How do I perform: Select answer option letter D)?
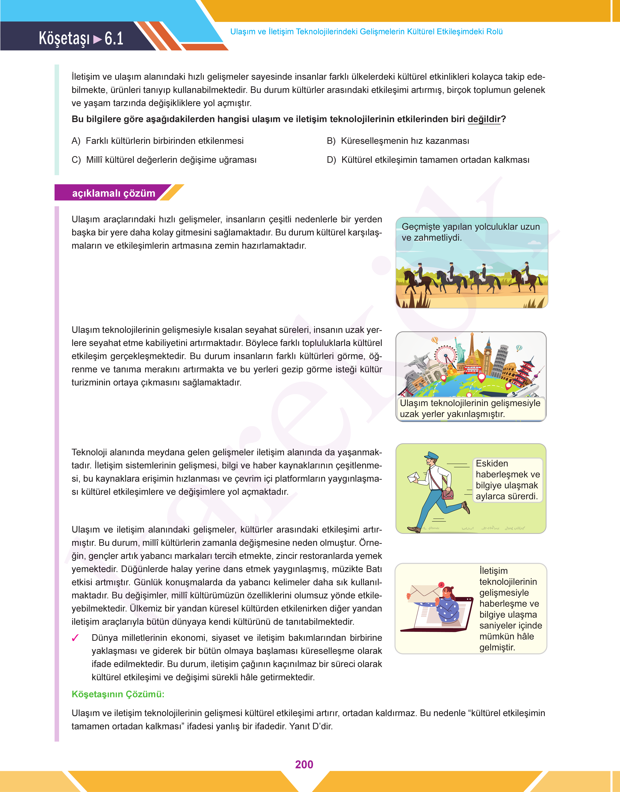pyautogui.click(x=331, y=160)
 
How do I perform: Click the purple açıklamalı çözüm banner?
pyautogui.click(x=113, y=193)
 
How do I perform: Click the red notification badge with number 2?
pyautogui.click(x=441, y=585)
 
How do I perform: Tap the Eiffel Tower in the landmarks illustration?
pyautogui.click(x=472, y=348)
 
